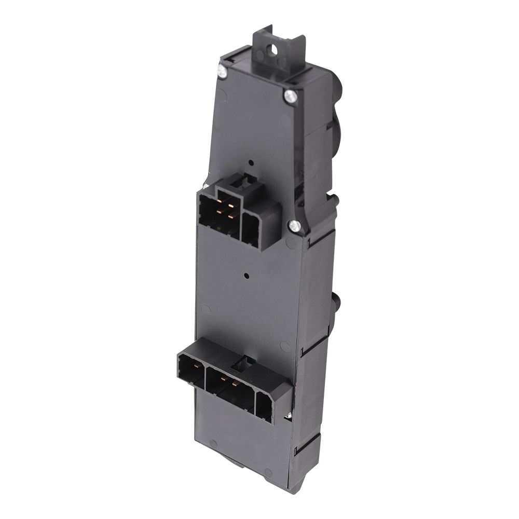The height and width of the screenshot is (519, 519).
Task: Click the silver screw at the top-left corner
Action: pos(222,72)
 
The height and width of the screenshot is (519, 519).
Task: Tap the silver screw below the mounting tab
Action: pos(290,95)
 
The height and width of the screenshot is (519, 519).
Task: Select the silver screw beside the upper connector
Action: pos(294,225)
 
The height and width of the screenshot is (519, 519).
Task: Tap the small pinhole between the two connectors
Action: pos(248,277)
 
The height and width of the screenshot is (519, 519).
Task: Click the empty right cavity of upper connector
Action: pos(252,229)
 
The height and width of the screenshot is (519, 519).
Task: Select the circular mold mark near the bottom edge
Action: pos(213,444)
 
